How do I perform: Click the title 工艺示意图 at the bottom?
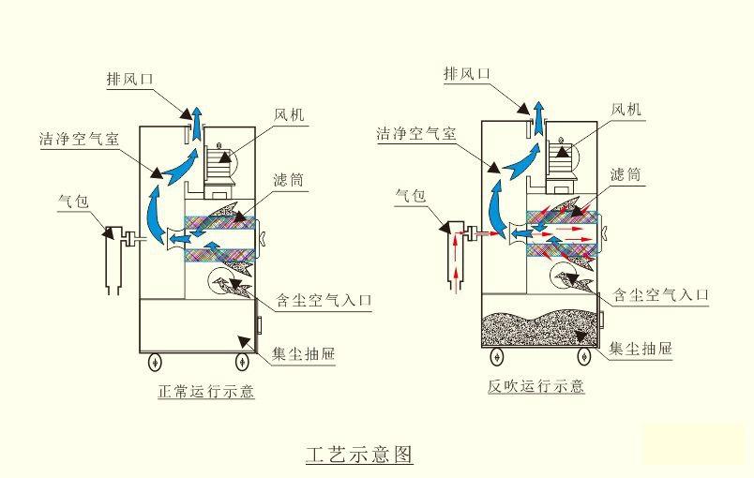359,455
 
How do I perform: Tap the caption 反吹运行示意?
536,385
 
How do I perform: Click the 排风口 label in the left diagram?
129,79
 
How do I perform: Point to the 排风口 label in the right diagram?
466,73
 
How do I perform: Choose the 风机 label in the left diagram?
289,115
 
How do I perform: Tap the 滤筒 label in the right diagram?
626,174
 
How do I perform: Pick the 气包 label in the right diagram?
411,196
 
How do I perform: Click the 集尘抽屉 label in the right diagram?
641,350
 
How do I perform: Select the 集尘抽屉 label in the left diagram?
304,354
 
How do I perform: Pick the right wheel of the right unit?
583,356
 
